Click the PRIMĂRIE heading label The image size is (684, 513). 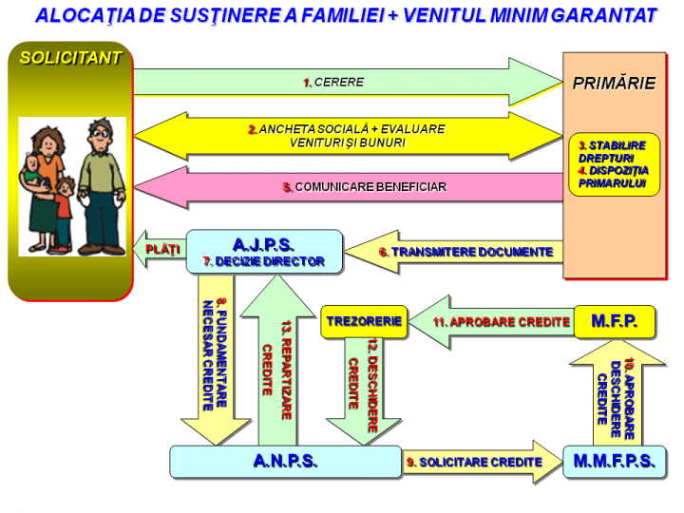614,84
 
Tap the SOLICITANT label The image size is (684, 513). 71,58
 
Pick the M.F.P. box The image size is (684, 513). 614,321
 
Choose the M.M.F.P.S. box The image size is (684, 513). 614,462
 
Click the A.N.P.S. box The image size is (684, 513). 285,462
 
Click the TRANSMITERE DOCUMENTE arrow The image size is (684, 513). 456,252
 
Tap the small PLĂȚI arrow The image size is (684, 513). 160,249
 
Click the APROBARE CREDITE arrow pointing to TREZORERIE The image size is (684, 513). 489,322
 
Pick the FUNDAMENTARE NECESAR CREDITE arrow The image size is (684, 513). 215,361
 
